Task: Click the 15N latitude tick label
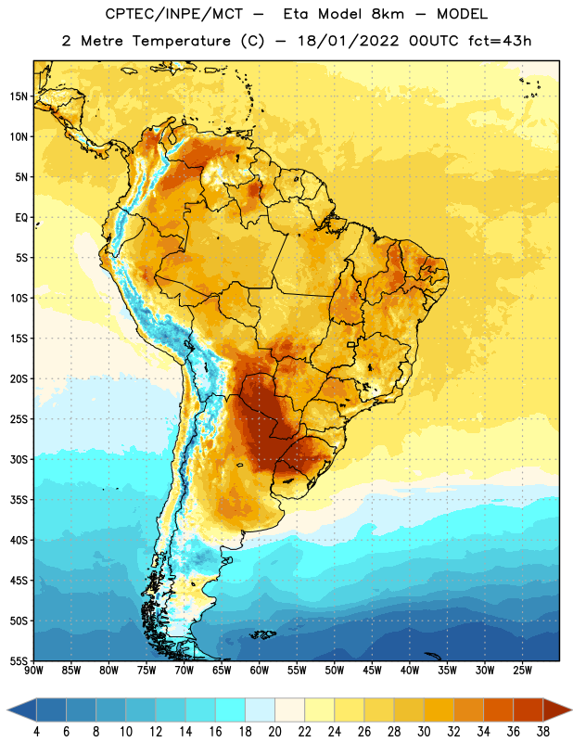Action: point(19,96)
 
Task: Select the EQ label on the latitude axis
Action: point(21,218)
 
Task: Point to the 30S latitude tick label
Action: point(19,459)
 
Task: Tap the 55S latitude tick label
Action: point(19,661)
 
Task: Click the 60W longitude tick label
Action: point(260,670)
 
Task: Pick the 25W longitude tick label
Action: point(522,670)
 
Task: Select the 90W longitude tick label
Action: point(33,670)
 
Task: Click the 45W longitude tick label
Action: point(372,670)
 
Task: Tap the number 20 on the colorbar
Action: point(274,732)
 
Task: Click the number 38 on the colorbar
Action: point(542,732)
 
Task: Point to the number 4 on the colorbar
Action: point(36,732)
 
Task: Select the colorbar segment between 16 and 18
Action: point(230,710)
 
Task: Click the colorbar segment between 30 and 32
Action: point(439,710)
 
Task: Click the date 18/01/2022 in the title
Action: point(348,41)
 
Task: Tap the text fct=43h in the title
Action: point(500,41)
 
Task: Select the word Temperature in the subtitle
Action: point(181,41)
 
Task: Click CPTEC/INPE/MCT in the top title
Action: point(173,14)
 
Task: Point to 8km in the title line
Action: point(388,14)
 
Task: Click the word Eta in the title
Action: point(296,14)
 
